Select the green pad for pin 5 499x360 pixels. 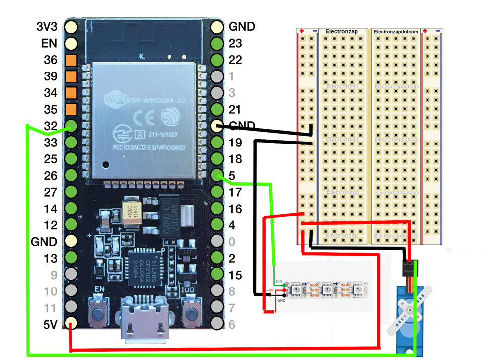pos(217,175)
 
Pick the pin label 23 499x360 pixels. pos(235,43)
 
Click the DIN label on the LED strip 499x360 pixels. pos(279,281)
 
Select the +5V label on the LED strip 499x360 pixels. pos(270,290)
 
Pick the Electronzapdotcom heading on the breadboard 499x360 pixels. pos(396,31)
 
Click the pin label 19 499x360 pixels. pos(235,143)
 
